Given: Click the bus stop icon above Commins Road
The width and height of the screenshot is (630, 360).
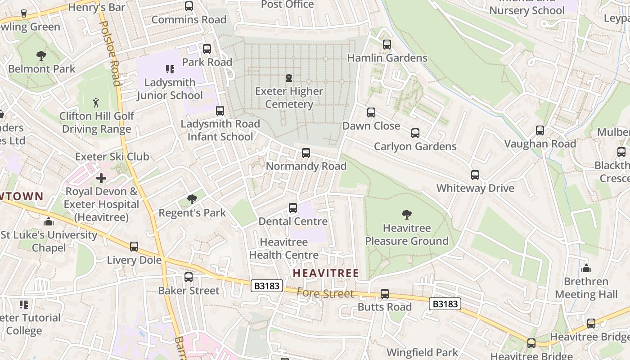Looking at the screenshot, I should point(189,6).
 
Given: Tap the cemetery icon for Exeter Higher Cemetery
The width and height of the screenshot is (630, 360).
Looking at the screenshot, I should point(289,78).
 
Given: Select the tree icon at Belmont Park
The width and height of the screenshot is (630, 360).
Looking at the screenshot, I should point(41,56).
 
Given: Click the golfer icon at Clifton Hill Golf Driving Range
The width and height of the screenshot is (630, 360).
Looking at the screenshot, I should point(96,103).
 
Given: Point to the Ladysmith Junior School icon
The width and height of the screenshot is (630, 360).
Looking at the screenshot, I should point(170,69).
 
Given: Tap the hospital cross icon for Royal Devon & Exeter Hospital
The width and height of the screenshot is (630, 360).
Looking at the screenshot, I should point(101,178).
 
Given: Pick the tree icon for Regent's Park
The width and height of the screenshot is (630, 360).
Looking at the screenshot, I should point(192,199).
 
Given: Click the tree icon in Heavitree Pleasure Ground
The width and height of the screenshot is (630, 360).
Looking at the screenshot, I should point(407,215).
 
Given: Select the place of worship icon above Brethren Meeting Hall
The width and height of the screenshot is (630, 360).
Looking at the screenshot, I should point(586,268).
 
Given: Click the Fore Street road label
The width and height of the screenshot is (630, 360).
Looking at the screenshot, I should point(325,293).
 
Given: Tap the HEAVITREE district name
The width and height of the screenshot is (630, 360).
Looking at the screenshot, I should point(326,273).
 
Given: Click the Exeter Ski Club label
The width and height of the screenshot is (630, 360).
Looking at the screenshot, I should point(112,157).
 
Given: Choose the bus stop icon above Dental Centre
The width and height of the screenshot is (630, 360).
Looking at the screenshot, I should point(293,208).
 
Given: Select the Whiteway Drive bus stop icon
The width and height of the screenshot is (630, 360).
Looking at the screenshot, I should point(475,175).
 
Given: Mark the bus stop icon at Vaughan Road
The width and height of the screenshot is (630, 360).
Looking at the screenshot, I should point(540,130).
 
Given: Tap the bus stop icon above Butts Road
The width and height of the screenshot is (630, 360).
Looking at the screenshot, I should point(385,294).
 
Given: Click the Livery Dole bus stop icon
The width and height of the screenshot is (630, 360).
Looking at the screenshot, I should point(134,247).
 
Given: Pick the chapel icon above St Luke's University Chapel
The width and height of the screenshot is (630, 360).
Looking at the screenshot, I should point(49,221).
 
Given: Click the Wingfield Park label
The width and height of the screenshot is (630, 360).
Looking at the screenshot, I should point(422,352).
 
